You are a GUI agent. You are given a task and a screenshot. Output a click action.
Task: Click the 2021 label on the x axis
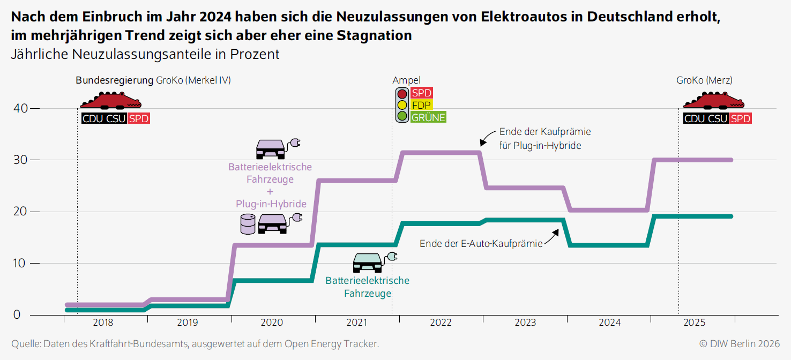(x=357, y=322)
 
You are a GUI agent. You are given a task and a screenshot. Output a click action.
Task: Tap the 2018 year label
(x=103, y=322)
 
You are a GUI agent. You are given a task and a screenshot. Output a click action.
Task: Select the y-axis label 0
(x=17, y=315)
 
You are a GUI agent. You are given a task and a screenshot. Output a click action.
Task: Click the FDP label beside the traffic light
(x=421, y=105)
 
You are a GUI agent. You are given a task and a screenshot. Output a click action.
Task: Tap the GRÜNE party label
(x=428, y=117)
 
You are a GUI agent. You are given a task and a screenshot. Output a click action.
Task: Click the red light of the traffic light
(x=402, y=94)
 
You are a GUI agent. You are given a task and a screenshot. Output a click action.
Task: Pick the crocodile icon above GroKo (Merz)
(x=714, y=100)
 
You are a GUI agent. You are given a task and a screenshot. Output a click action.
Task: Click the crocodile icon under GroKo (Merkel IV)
(x=110, y=100)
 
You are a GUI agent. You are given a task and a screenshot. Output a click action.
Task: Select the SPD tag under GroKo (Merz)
(x=741, y=118)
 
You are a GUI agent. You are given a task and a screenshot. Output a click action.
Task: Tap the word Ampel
(x=406, y=80)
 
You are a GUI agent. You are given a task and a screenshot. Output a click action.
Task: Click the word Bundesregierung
(x=114, y=80)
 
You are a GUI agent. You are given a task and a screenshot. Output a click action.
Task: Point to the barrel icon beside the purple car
(x=248, y=224)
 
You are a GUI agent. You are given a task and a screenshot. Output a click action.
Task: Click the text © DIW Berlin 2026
(x=740, y=344)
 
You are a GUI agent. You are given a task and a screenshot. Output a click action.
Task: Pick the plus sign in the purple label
(x=270, y=192)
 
